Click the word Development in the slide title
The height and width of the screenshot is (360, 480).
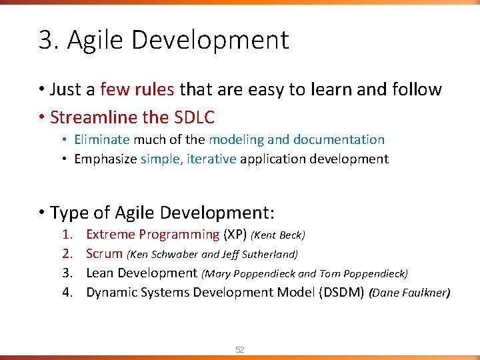pos(211,41)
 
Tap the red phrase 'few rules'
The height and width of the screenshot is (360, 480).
pos(137,89)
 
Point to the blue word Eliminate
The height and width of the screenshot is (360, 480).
pos(102,140)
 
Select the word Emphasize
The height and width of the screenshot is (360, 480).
pos(105,159)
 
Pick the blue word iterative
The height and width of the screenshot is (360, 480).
pos(212,159)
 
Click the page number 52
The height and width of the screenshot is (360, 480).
pos(240,349)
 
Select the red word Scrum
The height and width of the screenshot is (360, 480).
pos(104,254)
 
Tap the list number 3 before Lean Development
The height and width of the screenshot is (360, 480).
pos(67,273)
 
